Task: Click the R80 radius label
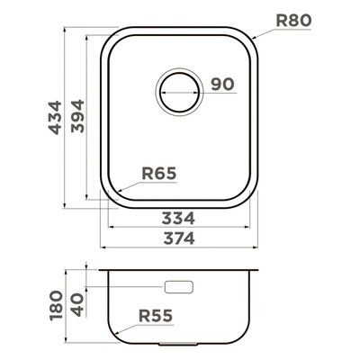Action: click(293, 21)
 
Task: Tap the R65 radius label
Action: click(159, 174)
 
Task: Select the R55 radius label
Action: click(156, 316)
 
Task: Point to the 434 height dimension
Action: click(55, 117)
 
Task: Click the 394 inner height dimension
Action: click(77, 116)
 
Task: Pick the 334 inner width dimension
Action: click(178, 218)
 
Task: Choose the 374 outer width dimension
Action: click(179, 238)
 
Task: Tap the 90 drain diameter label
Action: click(222, 84)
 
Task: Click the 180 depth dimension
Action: click(57, 305)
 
